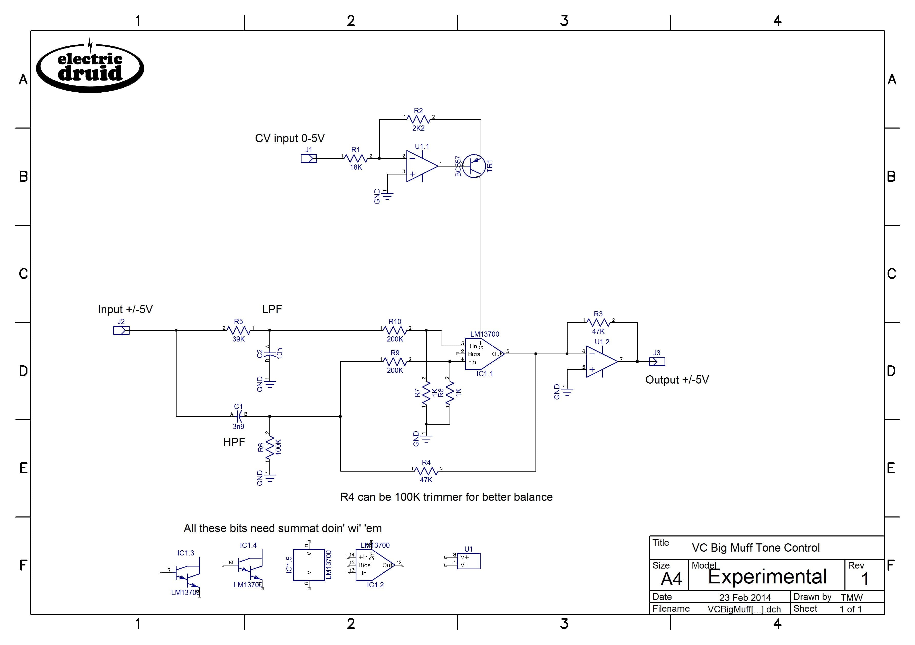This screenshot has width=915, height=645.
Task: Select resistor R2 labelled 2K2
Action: click(x=418, y=119)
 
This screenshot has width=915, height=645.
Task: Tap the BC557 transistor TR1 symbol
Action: click(x=474, y=166)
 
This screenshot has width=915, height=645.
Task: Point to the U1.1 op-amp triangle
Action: click(x=421, y=166)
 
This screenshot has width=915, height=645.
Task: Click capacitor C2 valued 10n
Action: click(x=270, y=354)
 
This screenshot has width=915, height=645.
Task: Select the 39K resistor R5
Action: click(x=238, y=330)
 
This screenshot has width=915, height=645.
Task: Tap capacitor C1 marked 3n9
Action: click(x=239, y=416)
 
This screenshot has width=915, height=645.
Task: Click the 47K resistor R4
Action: click(x=426, y=471)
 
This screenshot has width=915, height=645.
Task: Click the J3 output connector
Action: click(x=657, y=362)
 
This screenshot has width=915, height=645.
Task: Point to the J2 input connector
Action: click(x=121, y=330)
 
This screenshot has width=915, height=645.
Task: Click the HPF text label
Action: click(x=234, y=442)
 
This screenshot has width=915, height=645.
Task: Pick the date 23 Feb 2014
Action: click(x=745, y=598)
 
